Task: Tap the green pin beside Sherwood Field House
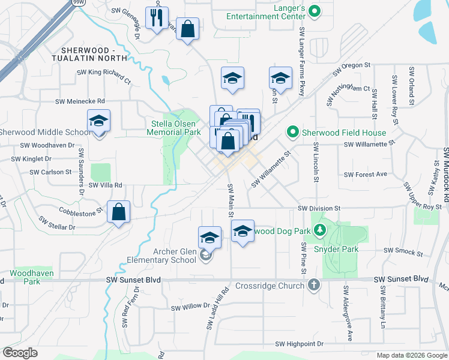293,131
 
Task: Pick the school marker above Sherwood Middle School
98,122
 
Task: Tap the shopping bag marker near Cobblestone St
119,212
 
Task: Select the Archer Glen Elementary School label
162,256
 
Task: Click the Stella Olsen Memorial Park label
175,128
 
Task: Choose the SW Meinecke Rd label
80,102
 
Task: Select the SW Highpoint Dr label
299,344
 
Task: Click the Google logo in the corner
20,353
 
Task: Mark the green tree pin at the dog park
321,230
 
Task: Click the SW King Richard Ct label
103,76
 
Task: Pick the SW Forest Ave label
366,175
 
